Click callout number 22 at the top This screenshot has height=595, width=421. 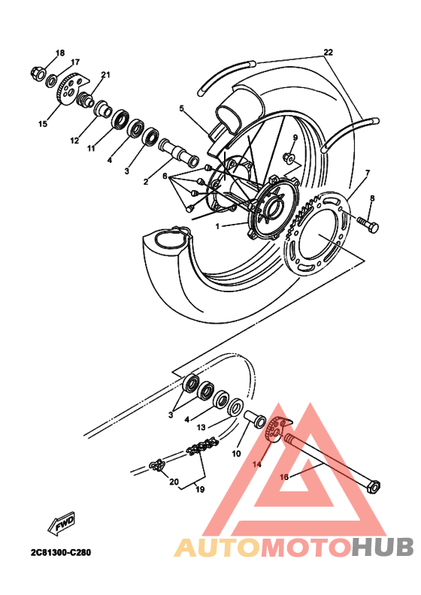(x=327, y=53)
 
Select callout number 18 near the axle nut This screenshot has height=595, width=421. (x=60, y=53)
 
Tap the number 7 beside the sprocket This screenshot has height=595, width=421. (x=367, y=174)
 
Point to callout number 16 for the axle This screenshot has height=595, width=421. (x=283, y=476)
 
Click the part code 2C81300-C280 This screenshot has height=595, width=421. (x=61, y=552)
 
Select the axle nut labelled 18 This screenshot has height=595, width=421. (x=36, y=73)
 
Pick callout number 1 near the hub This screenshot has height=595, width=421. (x=218, y=225)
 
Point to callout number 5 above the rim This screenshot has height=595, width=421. (x=181, y=108)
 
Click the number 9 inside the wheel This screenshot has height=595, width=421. (x=295, y=138)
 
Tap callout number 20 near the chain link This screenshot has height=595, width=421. (x=174, y=482)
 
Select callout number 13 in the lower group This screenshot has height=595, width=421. (x=201, y=427)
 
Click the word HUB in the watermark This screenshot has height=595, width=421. (x=380, y=548)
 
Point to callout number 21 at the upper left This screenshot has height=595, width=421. (x=105, y=75)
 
